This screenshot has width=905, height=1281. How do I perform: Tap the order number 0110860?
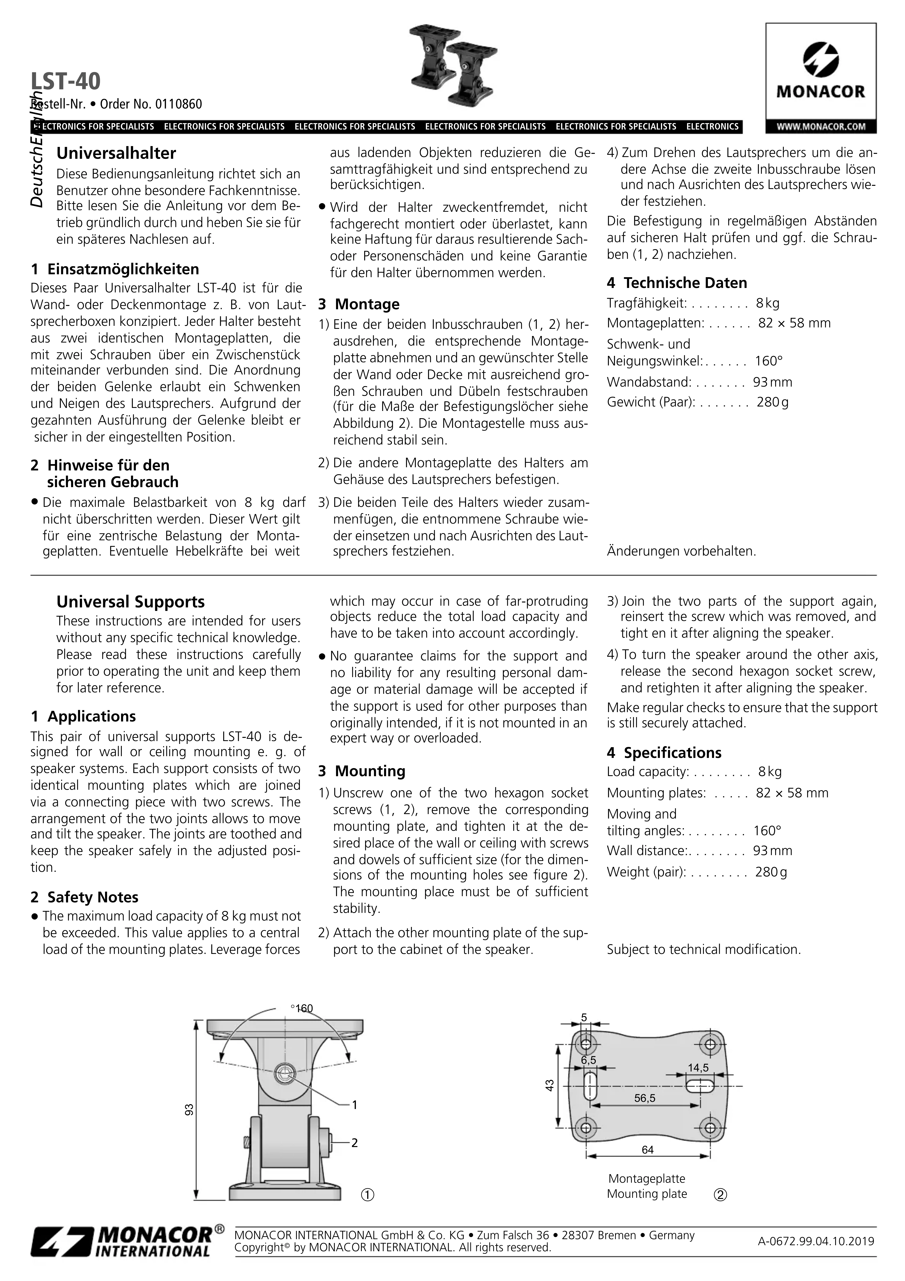pos(179,104)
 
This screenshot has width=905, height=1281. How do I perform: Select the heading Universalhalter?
pos(116,153)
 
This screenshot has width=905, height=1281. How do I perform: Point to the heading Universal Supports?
pos(131,602)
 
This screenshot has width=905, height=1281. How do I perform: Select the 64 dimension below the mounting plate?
pos(647,1150)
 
